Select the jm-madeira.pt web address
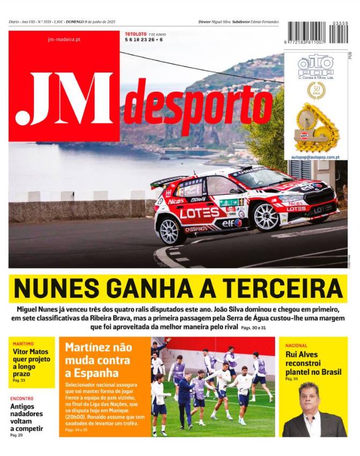pyautogui.click(x=64, y=39)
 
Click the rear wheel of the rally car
pyautogui.click(x=171, y=230)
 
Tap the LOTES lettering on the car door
pyautogui.click(x=199, y=213)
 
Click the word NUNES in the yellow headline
pyautogui.click(x=52, y=290)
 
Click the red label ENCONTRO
pyautogui.click(x=22, y=399)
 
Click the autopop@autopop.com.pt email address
pyautogui.click(x=315, y=157)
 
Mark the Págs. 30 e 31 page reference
pyautogui.click(x=253, y=327)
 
